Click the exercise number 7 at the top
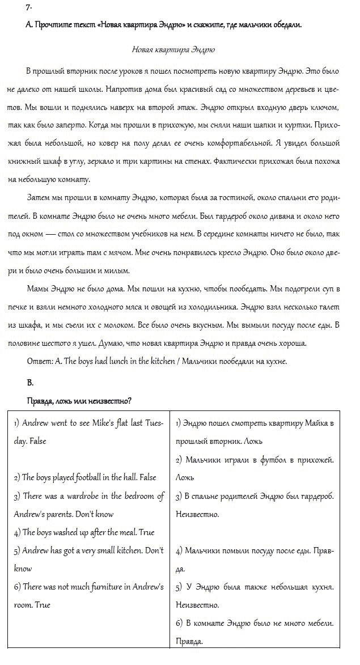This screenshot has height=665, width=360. click(29, 7)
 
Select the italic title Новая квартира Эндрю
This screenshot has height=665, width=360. click(173, 49)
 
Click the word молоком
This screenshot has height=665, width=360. click(150, 325)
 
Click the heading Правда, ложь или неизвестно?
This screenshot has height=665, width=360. click(79, 401)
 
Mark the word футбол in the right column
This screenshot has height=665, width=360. click(275, 460)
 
